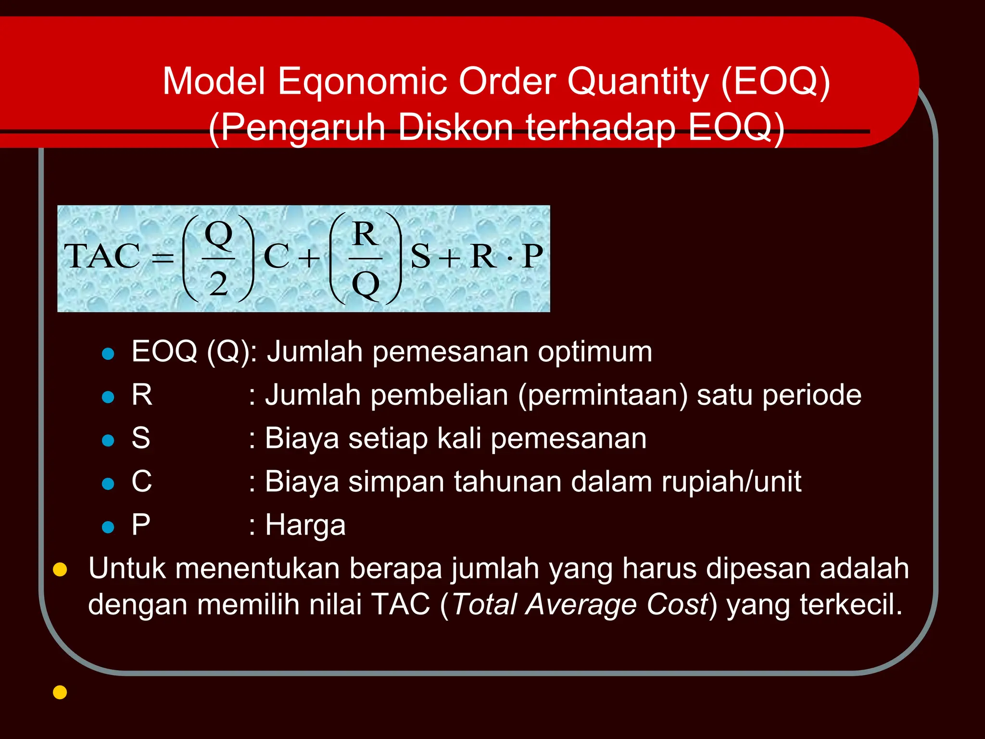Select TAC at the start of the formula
pos(101,256)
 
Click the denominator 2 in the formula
pos(218,284)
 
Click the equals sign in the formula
pos(163,258)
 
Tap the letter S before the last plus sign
pos(420,256)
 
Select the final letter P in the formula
pos(532,256)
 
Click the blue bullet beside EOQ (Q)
pos(108,355)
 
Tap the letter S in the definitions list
pos(140,438)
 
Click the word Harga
pos(305,525)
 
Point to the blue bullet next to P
pos(108,527)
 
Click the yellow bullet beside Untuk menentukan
pos(60,570)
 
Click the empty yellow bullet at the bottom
pos(60,692)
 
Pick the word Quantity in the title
pos(638,82)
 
